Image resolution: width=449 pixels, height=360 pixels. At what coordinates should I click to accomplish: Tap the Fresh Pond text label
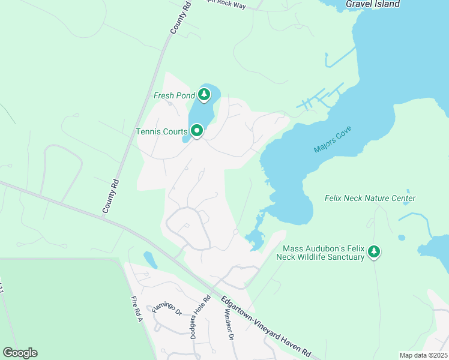175,95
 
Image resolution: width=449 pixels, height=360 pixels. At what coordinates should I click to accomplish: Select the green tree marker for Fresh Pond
205,94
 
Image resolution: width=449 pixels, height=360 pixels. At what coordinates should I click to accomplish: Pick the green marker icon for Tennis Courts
196,130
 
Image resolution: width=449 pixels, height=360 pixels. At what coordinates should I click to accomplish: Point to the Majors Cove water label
332,140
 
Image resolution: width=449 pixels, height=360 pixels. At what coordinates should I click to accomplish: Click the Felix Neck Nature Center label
370,198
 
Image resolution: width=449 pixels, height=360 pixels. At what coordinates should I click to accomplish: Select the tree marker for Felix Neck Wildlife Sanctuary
375,251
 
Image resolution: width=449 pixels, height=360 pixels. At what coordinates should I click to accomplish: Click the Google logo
20,353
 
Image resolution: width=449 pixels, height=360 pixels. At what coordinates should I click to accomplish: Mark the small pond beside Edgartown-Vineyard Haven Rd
150,260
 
